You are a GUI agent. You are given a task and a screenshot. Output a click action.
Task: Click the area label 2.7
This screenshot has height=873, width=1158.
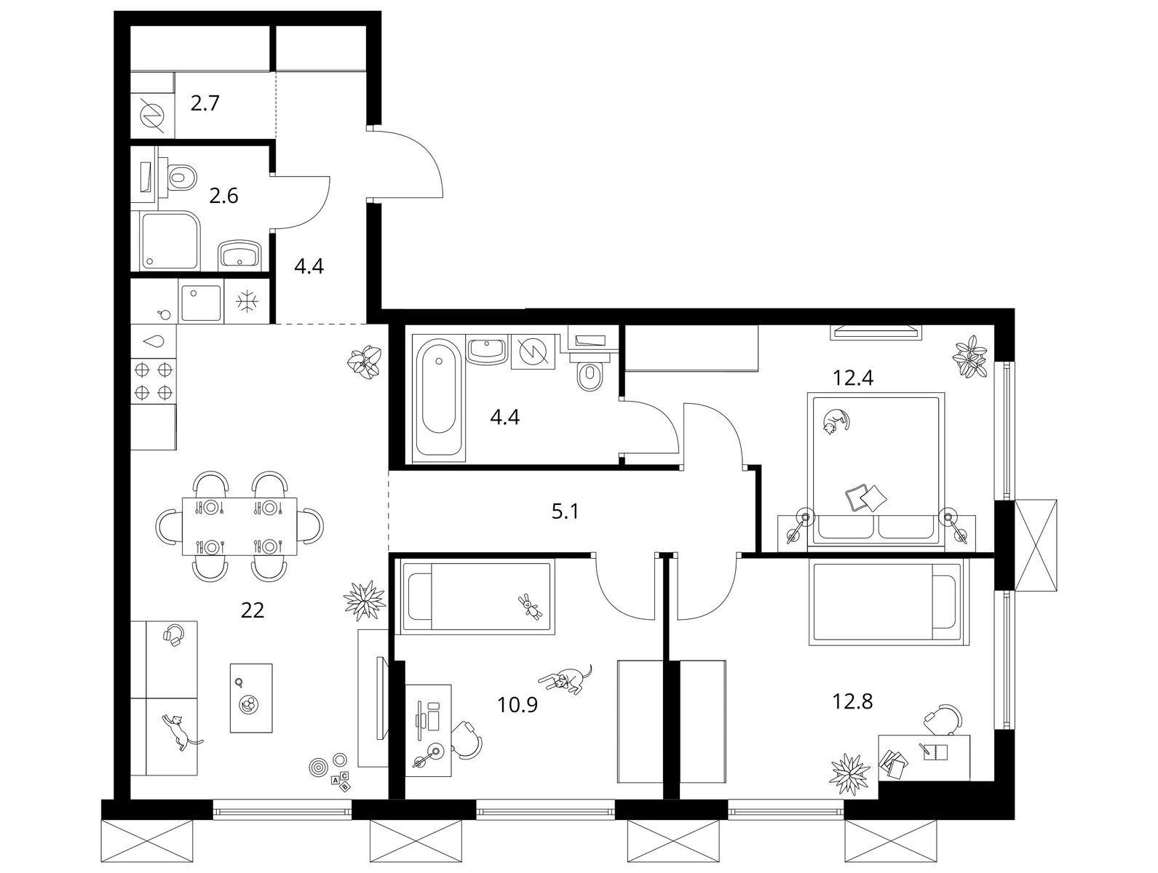[x=205, y=103]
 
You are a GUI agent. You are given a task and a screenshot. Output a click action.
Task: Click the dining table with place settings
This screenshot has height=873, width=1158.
[x=239, y=525]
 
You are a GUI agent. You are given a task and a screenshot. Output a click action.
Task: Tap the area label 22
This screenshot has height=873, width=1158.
[x=252, y=610]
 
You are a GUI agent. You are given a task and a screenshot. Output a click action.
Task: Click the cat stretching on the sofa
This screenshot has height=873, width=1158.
[x=181, y=730]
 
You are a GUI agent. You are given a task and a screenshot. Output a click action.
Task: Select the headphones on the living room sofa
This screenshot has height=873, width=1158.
[x=173, y=633]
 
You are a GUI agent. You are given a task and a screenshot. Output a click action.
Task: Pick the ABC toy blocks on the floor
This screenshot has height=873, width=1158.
[x=341, y=781]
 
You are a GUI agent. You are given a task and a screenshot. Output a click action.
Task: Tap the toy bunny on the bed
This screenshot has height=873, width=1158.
[x=530, y=606]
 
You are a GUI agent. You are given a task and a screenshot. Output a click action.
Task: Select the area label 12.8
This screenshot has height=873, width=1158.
[x=852, y=701]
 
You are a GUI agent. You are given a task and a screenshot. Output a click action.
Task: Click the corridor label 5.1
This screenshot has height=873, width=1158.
[x=565, y=511]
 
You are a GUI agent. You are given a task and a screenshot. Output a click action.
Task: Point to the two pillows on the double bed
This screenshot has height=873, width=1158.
[x=865, y=498]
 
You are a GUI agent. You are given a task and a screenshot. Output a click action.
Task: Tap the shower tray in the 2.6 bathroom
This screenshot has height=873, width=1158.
[x=171, y=240]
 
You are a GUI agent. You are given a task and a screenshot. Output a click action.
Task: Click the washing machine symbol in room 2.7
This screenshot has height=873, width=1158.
[x=152, y=114]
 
